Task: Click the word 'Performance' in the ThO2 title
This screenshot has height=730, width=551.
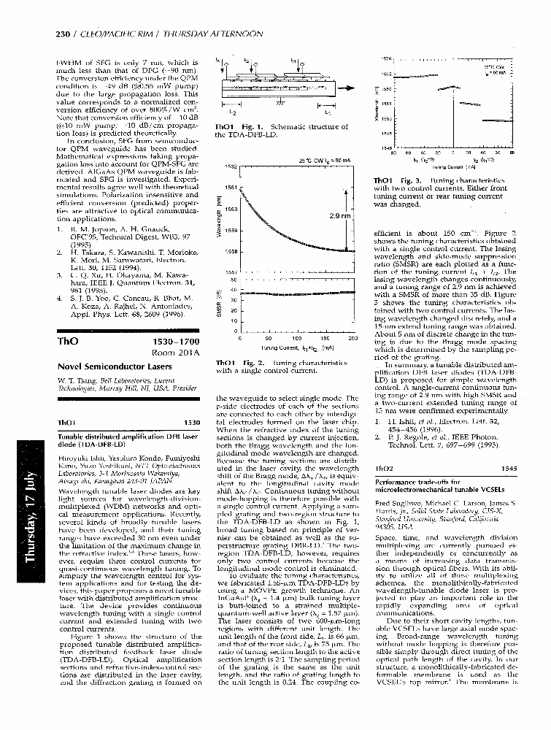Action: (x=396, y=483)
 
